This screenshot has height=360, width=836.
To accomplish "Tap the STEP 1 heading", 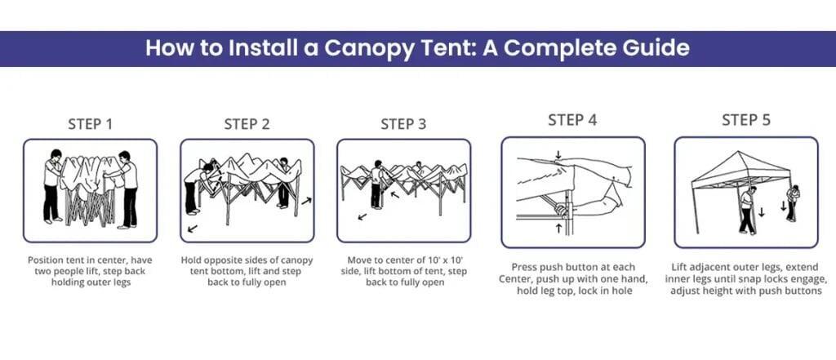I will [x=90, y=124].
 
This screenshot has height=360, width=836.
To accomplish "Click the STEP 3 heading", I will [x=403, y=124].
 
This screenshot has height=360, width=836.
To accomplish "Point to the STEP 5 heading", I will [x=745, y=120].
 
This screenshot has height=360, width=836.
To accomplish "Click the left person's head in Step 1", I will [x=55, y=155].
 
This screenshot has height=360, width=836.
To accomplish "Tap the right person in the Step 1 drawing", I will [x=127, y=188].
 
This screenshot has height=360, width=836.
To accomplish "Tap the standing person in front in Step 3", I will [x=377, y=184].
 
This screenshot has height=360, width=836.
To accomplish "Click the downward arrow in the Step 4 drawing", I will [x=558, y=154].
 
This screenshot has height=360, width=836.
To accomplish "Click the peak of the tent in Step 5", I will [x=741, y=153].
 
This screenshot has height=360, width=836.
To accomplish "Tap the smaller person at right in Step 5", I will [x=792, y=201].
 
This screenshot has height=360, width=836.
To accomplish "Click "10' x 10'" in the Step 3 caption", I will [x=442, y=260].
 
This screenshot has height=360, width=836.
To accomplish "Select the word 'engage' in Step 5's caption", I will [x=803, y=278].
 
